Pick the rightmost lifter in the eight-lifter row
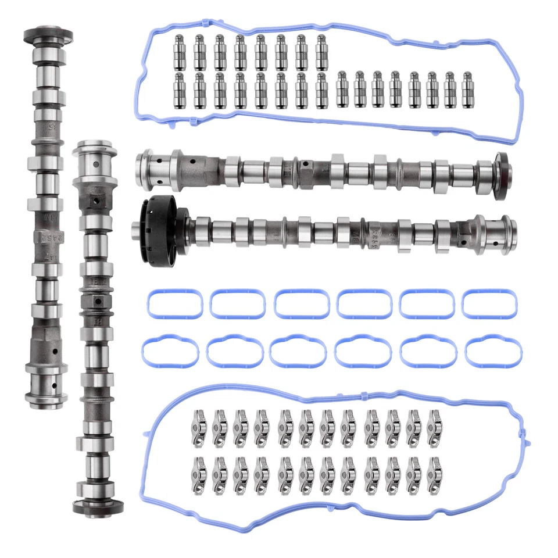(321, 52)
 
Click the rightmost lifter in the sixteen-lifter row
(467, 90)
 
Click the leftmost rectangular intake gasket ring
(172, 304)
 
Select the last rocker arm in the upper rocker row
(434, 428)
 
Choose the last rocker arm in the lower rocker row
(434, 474)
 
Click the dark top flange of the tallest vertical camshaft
(48, 35)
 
